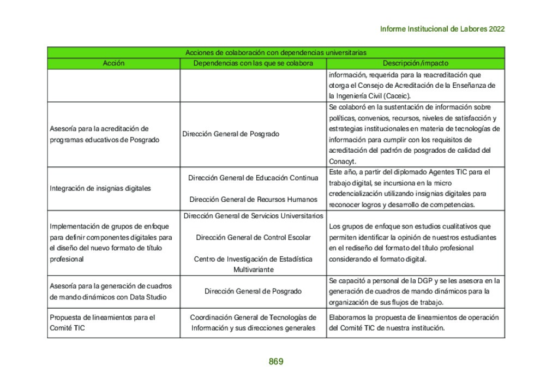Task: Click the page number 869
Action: (x=276, y=362)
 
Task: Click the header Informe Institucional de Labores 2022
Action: (x=442, y=29)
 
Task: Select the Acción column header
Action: (x=113, y=63)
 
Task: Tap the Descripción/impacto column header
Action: (x=415, y=63)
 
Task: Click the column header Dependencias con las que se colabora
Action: (x=253, y=63)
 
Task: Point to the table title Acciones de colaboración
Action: (x=275, y=53)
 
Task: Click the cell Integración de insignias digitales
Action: (x=100, y=188)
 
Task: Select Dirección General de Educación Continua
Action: (x=253, y=178)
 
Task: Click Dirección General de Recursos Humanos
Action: (x=253, y=200)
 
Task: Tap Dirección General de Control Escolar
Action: (x=253, y=237)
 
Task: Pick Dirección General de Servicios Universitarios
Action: (x=253, y=216)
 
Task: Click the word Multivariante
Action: (x=253, y=269)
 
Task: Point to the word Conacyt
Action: (x=342, y=161)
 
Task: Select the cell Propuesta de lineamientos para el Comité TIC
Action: (x=103, y=322)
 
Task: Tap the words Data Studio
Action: (x=147, y=297)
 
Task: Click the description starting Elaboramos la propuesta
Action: (x=414, y=322)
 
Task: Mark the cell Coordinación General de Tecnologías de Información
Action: (x=253, y=322)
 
